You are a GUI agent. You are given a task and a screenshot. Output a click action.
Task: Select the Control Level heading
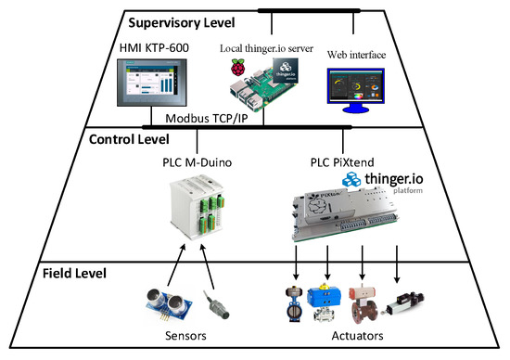point(130,139)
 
